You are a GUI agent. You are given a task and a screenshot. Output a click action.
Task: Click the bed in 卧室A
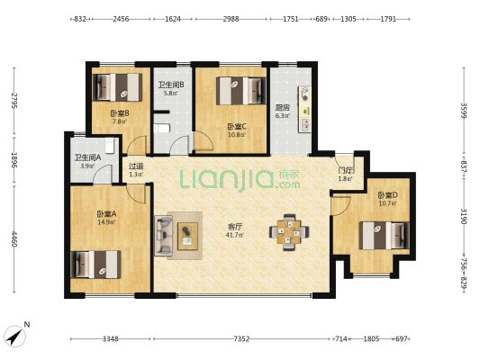pyautogui.click(x=96, y=265)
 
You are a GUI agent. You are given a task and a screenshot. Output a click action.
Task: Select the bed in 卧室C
pyautogui.click(x=241, y=91)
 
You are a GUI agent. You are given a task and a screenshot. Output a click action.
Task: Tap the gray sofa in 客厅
pyautogui.click(x=164, y=235)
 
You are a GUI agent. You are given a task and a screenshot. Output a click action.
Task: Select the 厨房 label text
pyautogui.click(x=282, y=106)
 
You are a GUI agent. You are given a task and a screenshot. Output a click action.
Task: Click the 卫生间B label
pyautogui.click(x=171, y=85)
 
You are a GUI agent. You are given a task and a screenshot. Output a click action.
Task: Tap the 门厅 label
pyautogui.click(x=345, y=170)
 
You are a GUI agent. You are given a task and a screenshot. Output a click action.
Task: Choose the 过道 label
pyautogui.click(x=136, y=166)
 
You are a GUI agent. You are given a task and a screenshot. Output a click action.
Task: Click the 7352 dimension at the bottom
pyautogui.click(x=241, y=338)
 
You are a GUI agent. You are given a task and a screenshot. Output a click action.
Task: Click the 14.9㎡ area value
pyautogui.click(x=106, y=222)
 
